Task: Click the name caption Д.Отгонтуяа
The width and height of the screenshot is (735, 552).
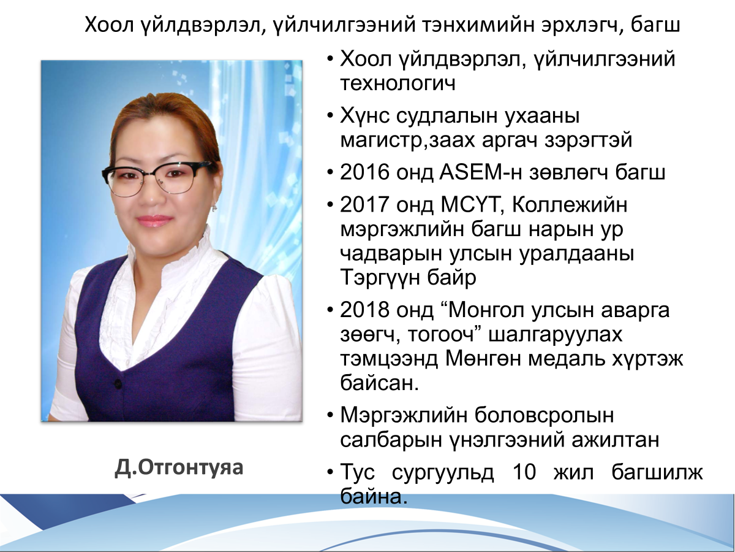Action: [179, 468]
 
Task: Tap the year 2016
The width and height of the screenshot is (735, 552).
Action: [364, 172]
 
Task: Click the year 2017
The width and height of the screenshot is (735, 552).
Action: [364, 204]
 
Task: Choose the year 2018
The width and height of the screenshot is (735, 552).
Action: [364, 310]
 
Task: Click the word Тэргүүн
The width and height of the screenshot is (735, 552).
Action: [380, 277]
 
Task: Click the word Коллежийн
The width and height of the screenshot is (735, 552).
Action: [570, 205]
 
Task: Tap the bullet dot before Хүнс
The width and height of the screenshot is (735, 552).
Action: [330, 116]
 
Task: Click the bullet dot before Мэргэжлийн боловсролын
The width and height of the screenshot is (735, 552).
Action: [330, 415]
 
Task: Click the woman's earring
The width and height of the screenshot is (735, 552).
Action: [214, 208]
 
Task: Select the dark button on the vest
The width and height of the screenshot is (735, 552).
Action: [118, 383]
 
